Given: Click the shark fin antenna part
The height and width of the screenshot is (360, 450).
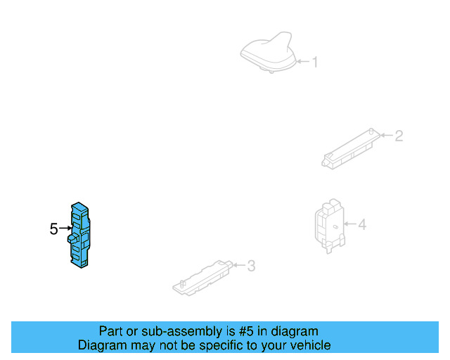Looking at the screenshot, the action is (x=268, y=53).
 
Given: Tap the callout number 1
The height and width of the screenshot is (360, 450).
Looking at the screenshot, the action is (x=315, y=63).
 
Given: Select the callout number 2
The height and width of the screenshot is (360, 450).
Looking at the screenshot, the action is (x=399, y=136).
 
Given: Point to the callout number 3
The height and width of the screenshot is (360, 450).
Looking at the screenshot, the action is (x=251, y=266).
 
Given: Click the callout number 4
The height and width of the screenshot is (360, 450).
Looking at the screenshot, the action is (x=362, y=225).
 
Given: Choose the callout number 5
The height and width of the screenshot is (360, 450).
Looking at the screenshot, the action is (x=53, y=229).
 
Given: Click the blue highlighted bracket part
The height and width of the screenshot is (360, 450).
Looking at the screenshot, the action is (x=81, y=236).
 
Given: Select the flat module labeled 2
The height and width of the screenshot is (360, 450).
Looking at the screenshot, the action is (x=350, y=149).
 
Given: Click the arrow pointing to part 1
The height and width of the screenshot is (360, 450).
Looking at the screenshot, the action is (x=302, y=63).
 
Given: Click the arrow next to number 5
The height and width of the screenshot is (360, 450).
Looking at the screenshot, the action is (x=65, y=229).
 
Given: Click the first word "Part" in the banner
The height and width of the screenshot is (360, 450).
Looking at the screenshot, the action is (x=111, y=331).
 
